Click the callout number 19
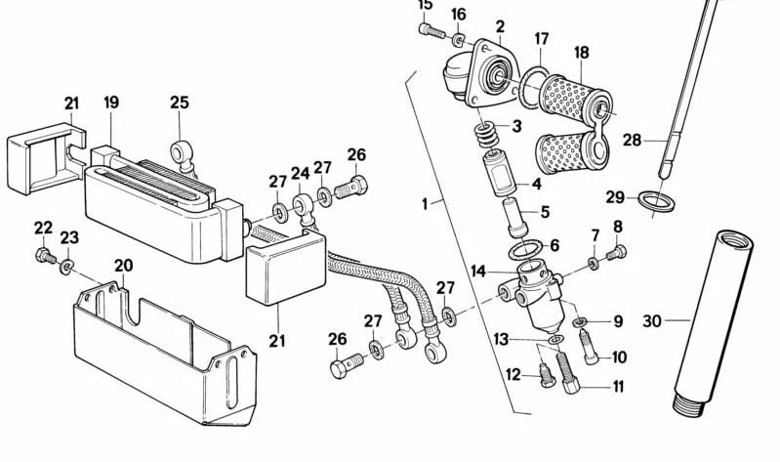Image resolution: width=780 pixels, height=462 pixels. (111, 103)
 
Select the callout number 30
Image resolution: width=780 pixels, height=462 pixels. (652, 319)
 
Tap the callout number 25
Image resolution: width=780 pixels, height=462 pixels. (180, 102)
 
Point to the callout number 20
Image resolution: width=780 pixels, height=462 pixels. (123, 266)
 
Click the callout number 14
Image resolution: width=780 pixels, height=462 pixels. (477, 272)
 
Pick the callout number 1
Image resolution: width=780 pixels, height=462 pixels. (425, 204)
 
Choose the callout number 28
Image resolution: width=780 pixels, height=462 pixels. (632, 140)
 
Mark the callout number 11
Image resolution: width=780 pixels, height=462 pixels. (617, 387)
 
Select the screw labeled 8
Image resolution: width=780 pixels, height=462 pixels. (615, 255)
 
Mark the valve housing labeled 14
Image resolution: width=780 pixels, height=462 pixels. (532, 293)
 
